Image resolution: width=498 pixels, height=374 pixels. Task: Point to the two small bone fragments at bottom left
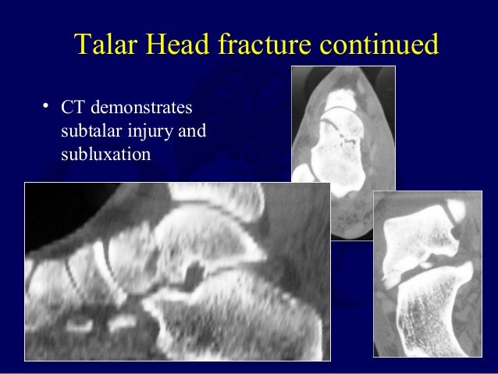coord(105,322)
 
